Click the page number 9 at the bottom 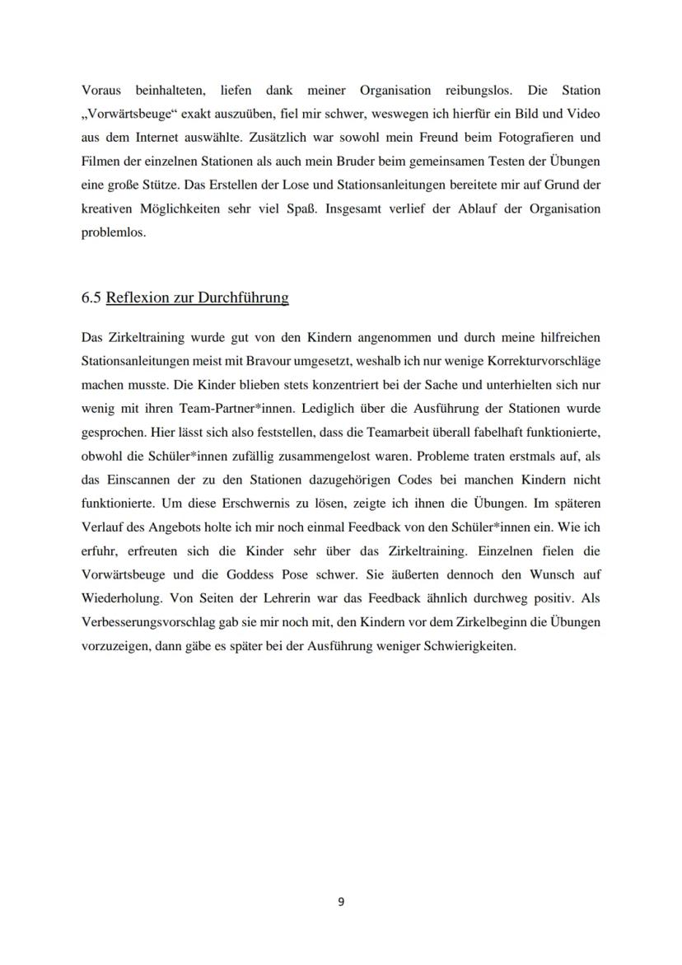(341, 902)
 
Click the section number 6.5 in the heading (91, 297)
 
